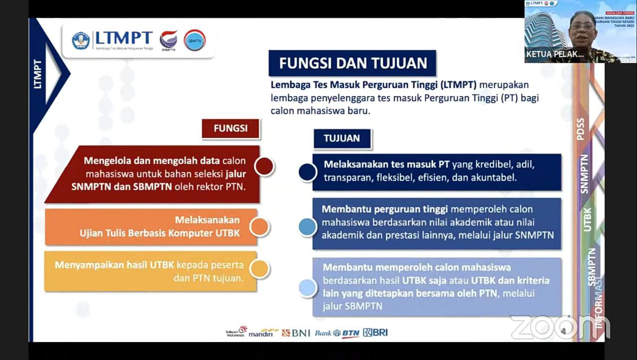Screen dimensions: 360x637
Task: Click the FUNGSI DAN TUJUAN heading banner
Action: (x=352, y=63)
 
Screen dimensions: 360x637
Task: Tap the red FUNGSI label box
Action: (x=230, y=128)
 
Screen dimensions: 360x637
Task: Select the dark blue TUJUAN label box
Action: (x=342, y=138)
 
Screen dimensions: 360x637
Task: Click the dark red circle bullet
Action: (x=264, y=166)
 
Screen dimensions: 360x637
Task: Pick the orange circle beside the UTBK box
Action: (x=259, y=227)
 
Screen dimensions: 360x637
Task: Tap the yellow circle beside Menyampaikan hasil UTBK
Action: (x=259, y=269)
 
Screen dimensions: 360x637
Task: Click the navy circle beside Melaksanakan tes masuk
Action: (x=308, y=172)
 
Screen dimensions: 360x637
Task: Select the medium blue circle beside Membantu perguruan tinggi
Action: (x=308, y=227)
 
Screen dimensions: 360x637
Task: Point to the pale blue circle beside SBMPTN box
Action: (x=308, y=287)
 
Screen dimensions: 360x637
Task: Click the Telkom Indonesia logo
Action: (x=236, y=332)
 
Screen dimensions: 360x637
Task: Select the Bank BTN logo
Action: (x=337, y=333)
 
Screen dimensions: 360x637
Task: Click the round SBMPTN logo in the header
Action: (x=195, y=40)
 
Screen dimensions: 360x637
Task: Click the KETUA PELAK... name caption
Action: (x=555, y=54)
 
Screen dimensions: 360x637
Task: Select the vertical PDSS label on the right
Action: (x=580, y=129)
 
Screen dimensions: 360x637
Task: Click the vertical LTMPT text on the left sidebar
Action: (x=38, y=74)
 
